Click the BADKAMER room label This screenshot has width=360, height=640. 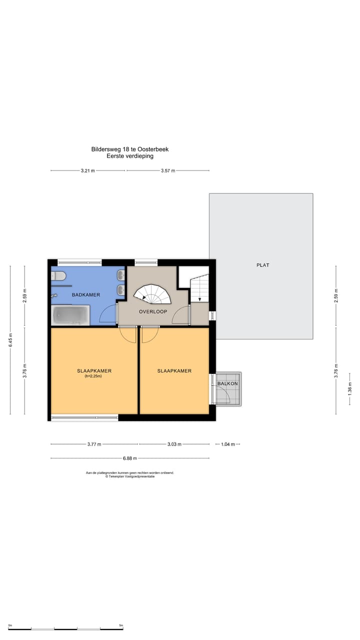pyautogui.click(x=86, y=294)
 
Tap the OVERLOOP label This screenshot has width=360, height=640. pyautogui.click(x=153, y=311)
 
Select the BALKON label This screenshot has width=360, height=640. pyautogui.click(x=227, y=383)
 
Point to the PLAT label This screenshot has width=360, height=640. pyautogui.click(x=263, y=265)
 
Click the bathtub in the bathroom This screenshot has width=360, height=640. pyautogui.click(x=70, y=315)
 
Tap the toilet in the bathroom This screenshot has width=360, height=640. pyautogui.click(x=58, y=276)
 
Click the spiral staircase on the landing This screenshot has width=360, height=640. pyautogui.click(x=152, y=294)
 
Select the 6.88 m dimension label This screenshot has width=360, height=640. pyautogui.click(x=130, y=458)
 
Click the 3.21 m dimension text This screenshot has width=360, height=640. pyautogui.click(x=87, y=170)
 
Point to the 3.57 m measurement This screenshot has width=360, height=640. pyautogui.click(x=168, y=170)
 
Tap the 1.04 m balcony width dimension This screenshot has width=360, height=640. pyautogui.click(x=227, y=444)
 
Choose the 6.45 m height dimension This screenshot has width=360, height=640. pyautogui.click(x=10, y=340)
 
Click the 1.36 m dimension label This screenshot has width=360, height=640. pyautogui.click(x=349, y=389)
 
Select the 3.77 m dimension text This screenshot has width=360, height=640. pyautogui.click(x=94, y=444)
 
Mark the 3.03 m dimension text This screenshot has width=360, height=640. pyautogui.click(x=174, y=444)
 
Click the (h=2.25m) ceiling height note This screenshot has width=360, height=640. pyautogui.click(x=93, y=376)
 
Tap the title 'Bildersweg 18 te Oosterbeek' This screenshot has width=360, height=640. pyautogui.click(x=130, y=149)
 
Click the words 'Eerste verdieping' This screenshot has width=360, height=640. pyautogui.click(x=130, y=156)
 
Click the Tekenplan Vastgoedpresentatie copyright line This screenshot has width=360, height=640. pyautogui.click(x=130, y=476)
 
